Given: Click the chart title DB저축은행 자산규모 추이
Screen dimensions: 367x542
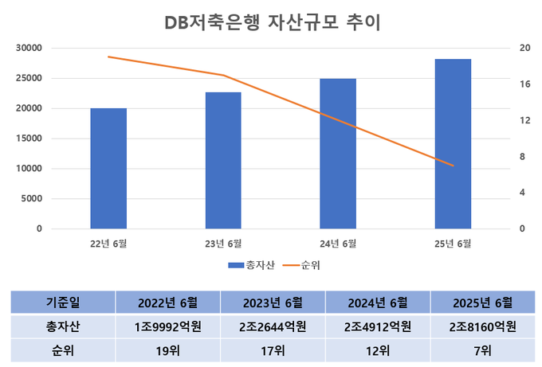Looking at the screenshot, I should [271, 22].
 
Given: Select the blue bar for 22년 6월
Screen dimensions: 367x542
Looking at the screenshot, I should [108, 168].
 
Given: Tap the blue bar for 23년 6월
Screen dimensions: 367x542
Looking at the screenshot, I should [223, 160].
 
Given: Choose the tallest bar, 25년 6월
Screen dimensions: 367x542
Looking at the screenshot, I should [453, 143].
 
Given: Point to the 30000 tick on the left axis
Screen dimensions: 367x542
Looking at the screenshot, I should [29, 48].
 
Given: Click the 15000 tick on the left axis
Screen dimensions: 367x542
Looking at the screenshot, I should [29, 139].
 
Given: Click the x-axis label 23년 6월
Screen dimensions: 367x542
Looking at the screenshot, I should [223, 243].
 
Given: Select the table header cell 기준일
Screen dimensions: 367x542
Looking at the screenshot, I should [63, 303].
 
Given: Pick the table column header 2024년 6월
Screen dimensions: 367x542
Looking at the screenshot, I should [378, 303].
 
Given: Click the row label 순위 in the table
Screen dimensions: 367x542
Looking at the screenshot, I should [63, 350].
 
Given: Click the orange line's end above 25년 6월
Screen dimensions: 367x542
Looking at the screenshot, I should [453, 166].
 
